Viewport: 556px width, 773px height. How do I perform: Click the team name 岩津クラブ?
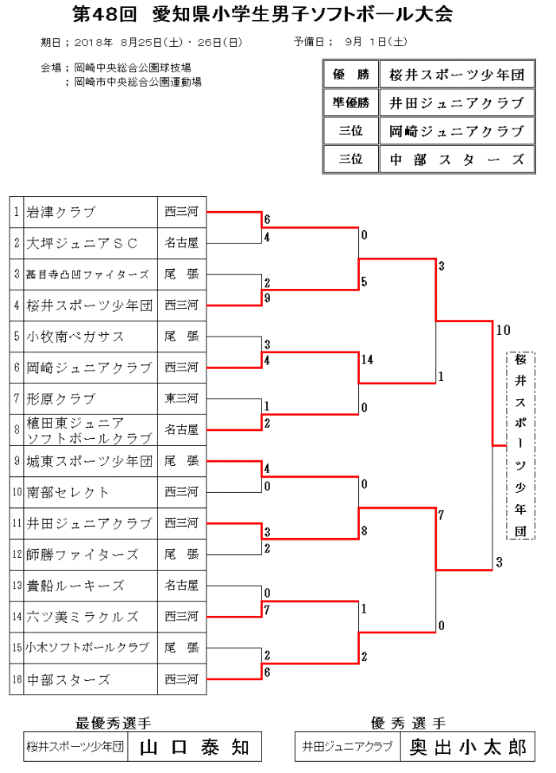(x=60, y=212)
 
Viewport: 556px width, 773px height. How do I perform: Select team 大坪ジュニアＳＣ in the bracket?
(x=82, y=243)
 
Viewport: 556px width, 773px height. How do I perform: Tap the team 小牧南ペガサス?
(x=75, y=337)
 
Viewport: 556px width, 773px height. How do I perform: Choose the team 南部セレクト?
(x=68, y=492)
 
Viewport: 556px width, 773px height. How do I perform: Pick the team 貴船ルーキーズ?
(x=75, y=586)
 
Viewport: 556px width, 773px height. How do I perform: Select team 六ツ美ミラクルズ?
(x=83, y=617)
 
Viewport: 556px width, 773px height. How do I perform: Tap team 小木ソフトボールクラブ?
(x=88, y=648)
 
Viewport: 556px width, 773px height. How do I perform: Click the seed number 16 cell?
(x=17, y=679)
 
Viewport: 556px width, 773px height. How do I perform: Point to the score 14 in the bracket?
(x=366, y=360)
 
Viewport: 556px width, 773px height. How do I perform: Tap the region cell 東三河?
(x=182, y=398)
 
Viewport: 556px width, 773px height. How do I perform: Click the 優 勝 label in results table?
(x=350, y=75)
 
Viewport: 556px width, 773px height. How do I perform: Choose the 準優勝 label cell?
(x=350, y=103)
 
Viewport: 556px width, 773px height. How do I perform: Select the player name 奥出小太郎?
(x=468, y=747)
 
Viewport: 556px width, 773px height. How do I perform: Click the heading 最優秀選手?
(x=114, y=723)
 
